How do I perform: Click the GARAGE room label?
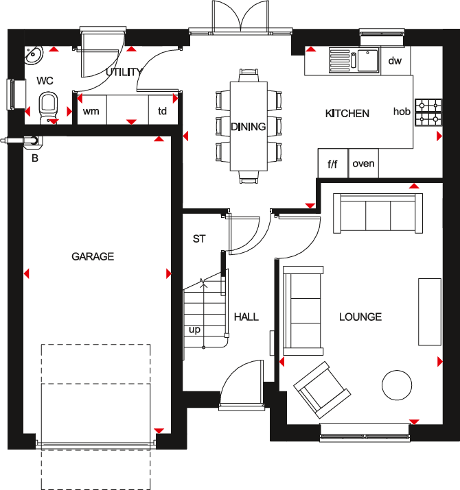coord(93,256)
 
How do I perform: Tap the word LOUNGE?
coord(360,317)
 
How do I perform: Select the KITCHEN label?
coord(347,113)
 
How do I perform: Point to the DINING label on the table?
coord(248,126)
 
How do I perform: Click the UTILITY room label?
coord(124,72)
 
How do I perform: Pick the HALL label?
coord(246,317)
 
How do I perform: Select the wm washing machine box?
coord(91,111)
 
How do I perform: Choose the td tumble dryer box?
coord(163,111)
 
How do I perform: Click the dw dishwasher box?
coord(395,61)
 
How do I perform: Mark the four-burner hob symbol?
coord(428,112)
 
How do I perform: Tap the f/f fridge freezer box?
coord(333,164)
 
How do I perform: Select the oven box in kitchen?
coord(363,164)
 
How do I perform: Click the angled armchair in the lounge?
coord(319,389)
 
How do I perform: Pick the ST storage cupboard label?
coord(199,239)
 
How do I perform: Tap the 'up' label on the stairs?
coord(195,330)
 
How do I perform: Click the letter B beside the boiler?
coord(34,158)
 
